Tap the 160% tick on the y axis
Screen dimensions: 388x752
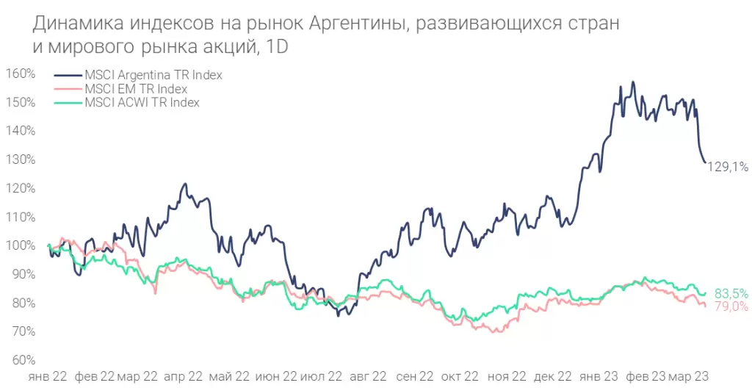(21, 73)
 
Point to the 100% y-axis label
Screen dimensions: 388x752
(21, 245)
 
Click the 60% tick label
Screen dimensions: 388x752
(22, 360)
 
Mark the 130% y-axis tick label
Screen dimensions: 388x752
(21, 159)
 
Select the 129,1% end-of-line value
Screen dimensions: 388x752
(728, 168)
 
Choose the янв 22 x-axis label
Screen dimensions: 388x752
(48, 376)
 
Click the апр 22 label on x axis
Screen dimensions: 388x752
(183, 376)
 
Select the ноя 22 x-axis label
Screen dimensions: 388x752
(507, 376)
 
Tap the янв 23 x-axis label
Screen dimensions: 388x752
(599, 376)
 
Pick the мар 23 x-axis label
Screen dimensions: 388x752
(690, 376)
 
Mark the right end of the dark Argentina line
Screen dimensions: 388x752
(705, 162)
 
